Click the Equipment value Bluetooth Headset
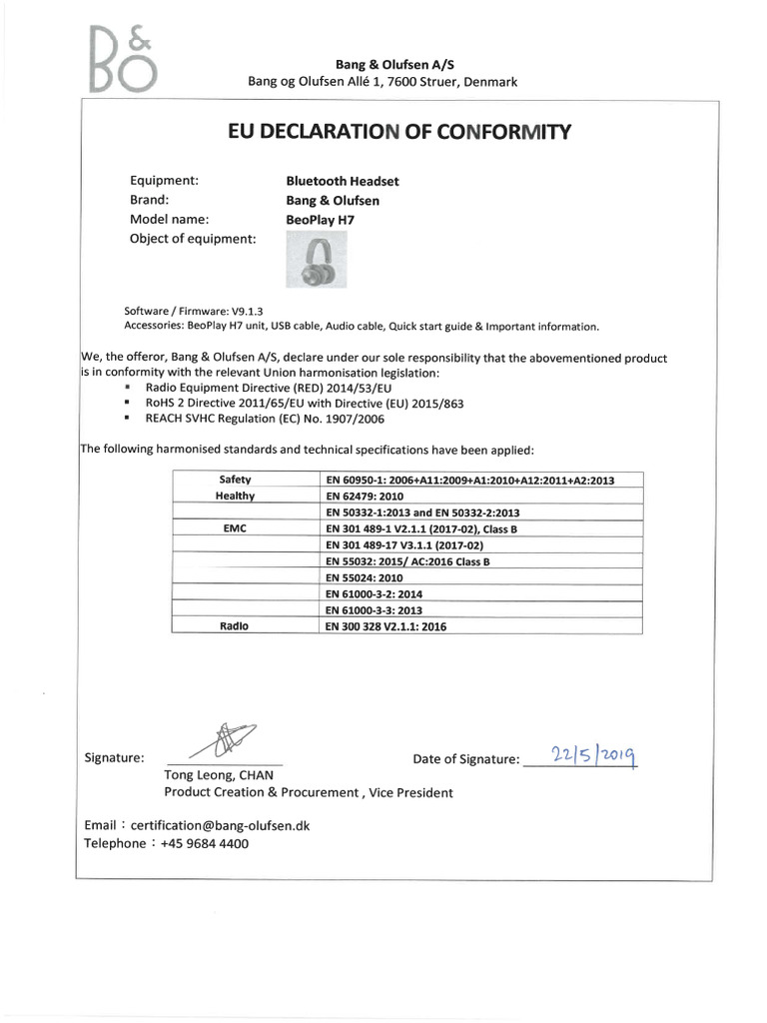click(343, 181)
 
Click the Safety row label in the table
click(235, 480)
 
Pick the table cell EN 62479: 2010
click(365, 496)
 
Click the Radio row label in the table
click(235, 625)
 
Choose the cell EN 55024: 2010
click(365, 577)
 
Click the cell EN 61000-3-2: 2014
click(375, 593)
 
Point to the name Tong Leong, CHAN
click(218, 775)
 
